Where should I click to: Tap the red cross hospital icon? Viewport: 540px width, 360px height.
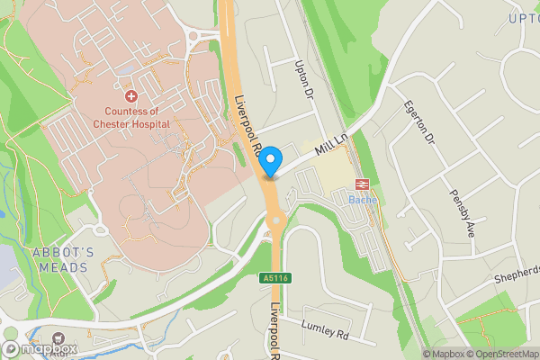tap(131, 94)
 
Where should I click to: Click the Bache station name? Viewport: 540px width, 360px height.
tap(363, 199)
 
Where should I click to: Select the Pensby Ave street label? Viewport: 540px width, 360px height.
tap(464, 206)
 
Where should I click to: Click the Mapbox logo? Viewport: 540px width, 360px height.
tap(40, 348)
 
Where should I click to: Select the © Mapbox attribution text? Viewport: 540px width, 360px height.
tap(443, 353)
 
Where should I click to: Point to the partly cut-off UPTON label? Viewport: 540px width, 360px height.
tap(523, 18)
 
